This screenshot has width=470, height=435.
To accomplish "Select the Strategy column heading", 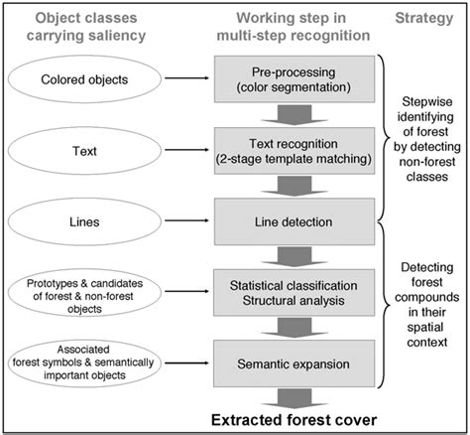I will click(x=422, y=19).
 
